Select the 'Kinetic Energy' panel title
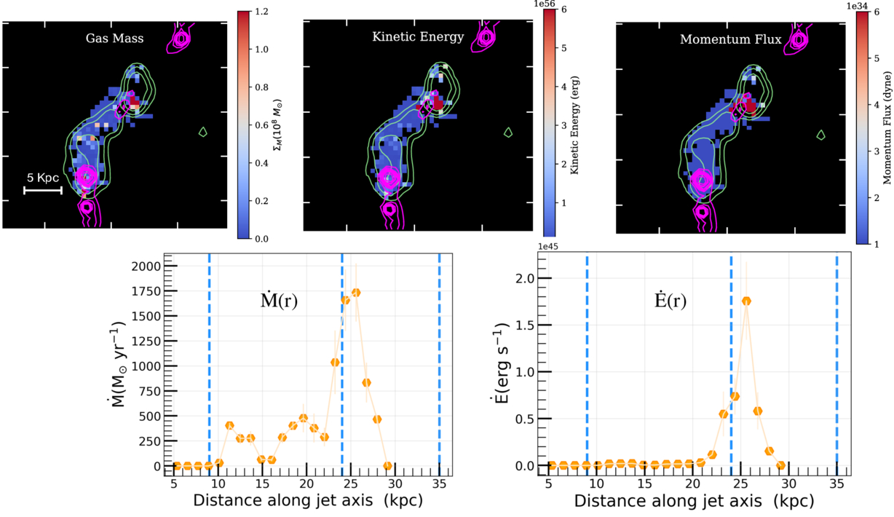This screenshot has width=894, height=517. [x=418, y=37]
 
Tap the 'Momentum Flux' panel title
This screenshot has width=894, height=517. [x=721, y=39]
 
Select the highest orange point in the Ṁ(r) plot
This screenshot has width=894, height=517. [x=356, y=293]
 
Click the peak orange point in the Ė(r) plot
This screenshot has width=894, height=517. [x=746, y=301]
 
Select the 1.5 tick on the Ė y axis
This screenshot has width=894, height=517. [x=531, y=325]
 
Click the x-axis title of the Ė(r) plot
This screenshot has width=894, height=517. [x=694, y=502]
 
